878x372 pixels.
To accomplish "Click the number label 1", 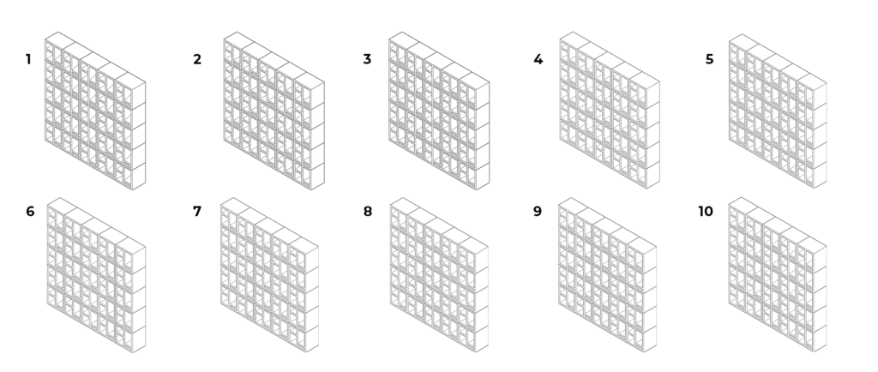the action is coord(28,59).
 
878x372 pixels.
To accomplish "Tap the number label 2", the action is coord(197,59).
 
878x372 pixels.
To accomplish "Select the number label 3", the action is coord(367,59).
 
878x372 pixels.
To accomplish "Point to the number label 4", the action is coord(538,59).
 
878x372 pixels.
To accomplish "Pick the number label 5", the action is coord(709,59).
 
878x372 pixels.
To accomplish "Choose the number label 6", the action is coord(30,212).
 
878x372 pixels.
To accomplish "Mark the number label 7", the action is coord(197,212).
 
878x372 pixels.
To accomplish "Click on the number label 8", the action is coord(367,212).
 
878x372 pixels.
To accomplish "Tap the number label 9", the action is coord(538,212).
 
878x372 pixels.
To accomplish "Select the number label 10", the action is coord(706,212).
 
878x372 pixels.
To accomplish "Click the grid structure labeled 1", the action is coord(95,111).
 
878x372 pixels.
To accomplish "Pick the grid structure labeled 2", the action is coord(274,111).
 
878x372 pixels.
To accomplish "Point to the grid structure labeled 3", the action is coord(439,111).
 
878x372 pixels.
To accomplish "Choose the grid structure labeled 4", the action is coord(610,110).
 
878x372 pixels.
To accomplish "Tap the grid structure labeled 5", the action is coord(778,111).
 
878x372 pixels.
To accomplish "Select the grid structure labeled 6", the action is coord(96,275).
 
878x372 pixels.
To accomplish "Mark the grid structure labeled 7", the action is coord(269,274).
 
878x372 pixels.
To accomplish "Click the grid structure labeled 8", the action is coord(439,274).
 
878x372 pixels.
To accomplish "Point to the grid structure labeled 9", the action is coord(608,274).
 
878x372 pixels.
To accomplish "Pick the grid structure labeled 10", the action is coord(778,274).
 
